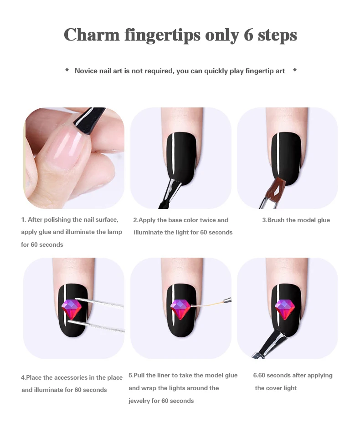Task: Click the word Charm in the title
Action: coord(92,35)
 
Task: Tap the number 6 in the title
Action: coord(248,35)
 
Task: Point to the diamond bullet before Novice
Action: coord(67,70)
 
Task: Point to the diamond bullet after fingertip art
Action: coord(295,70)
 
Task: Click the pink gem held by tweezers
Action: coord(72,309)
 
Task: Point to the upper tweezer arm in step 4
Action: coord(99,302)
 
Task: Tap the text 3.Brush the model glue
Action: coord(296,220)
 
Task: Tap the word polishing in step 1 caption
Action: coord(57,220)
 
